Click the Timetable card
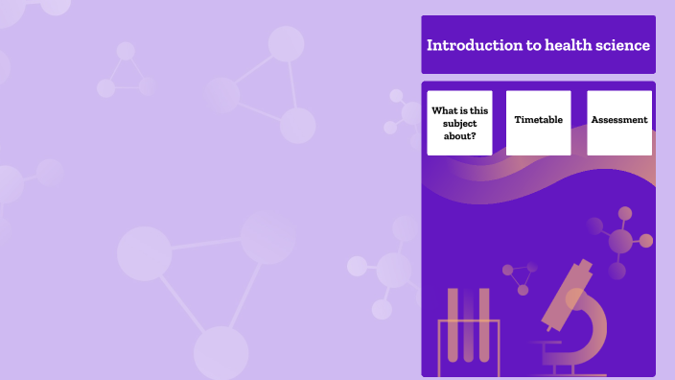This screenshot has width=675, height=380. pyautogui.click(x=538, y=122)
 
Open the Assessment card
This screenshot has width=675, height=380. pyautogui.click(x=619, y=122)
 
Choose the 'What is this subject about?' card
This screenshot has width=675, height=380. pyautogui.click(x=459, y=122)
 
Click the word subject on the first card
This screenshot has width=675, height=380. pyautogui.click(x=459, y=123)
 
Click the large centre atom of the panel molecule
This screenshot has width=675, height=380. pyautogui.click(x=620, y=241)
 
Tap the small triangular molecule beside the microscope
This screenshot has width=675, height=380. pyautogui.click(x=521, y=277)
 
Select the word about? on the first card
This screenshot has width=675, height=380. pyautogui.click(x=459, y=135)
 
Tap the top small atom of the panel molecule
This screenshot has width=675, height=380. pyautogui.click(x=625, y=213)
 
